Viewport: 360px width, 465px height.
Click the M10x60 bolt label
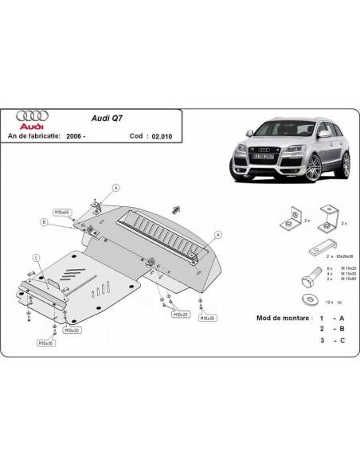pos(62,213)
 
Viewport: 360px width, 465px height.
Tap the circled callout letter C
pos(36,257)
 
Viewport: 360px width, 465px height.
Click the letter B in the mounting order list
pos(342,327)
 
